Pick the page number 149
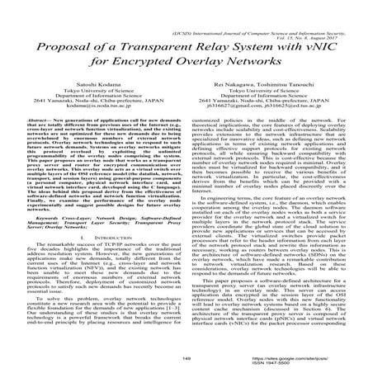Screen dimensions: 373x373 pyautogui.click(x=186, y=360)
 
